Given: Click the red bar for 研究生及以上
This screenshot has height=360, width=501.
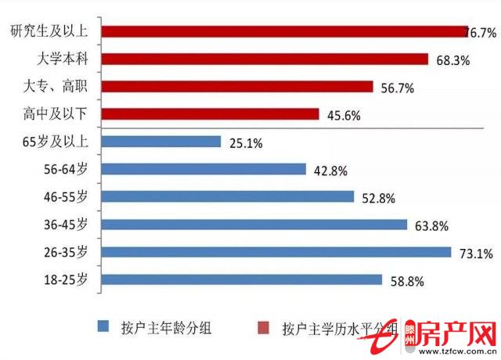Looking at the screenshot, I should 284,31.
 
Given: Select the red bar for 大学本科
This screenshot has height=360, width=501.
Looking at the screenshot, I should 265,59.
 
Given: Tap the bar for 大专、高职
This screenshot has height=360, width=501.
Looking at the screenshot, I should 237,86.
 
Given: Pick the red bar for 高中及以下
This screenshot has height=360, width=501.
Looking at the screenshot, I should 211,114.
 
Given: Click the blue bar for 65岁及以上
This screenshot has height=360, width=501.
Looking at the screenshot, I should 161,142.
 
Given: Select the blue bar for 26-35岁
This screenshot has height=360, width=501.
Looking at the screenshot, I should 276,252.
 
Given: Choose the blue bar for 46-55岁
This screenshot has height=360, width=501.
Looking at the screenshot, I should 228,196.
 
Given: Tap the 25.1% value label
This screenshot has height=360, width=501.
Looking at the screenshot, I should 246,143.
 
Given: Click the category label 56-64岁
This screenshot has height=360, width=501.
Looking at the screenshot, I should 67,169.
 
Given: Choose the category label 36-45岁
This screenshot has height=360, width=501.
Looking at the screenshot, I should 67,225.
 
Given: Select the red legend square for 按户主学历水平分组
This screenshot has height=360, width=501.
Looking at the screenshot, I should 264,326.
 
